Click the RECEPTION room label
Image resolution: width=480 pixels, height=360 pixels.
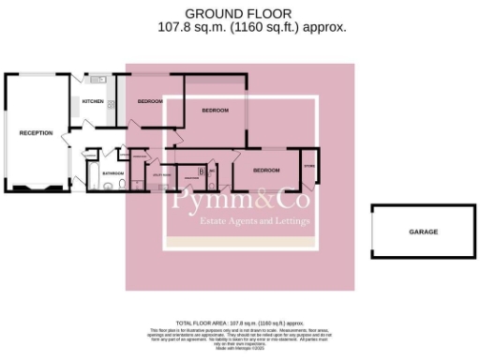(36, 133)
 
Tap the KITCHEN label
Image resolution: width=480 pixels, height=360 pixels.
(93, 101)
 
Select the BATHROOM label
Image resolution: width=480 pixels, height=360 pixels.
(113, 173)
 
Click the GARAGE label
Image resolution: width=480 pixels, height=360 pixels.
(422, 232)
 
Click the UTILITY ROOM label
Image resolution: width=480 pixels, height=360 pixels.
(160, 174)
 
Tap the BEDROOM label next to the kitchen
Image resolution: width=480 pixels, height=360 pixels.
(150, 101)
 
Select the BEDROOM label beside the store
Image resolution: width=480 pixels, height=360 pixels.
(266, 171)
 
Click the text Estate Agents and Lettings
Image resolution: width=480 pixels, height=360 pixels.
(240, 221)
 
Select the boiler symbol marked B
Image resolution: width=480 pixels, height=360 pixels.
(202, 172)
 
